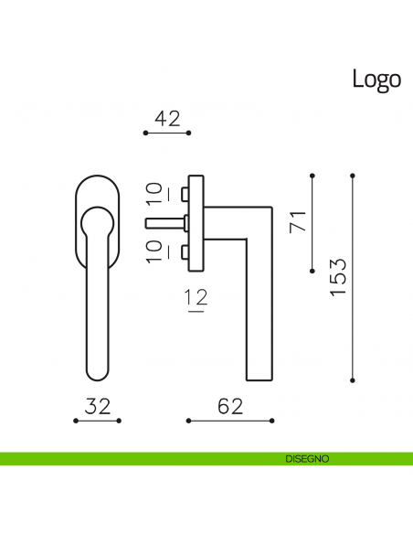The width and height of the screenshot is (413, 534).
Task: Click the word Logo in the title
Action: click(376, 80)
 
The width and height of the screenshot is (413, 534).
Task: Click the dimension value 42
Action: click(167, 119)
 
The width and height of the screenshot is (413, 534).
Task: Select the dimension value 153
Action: click(338, 277)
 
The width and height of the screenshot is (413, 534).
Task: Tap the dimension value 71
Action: click(298, 221)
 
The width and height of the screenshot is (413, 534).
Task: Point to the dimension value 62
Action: click(230, 406)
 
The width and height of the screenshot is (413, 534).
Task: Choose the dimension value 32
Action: click(98, 406)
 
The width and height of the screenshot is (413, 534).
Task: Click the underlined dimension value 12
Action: click(196, 299)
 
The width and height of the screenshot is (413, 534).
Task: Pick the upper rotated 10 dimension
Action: click(156, 194)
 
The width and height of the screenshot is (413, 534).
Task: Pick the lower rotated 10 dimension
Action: click(156, 251)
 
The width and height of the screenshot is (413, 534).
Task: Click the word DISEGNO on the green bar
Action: click(307, 459)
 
